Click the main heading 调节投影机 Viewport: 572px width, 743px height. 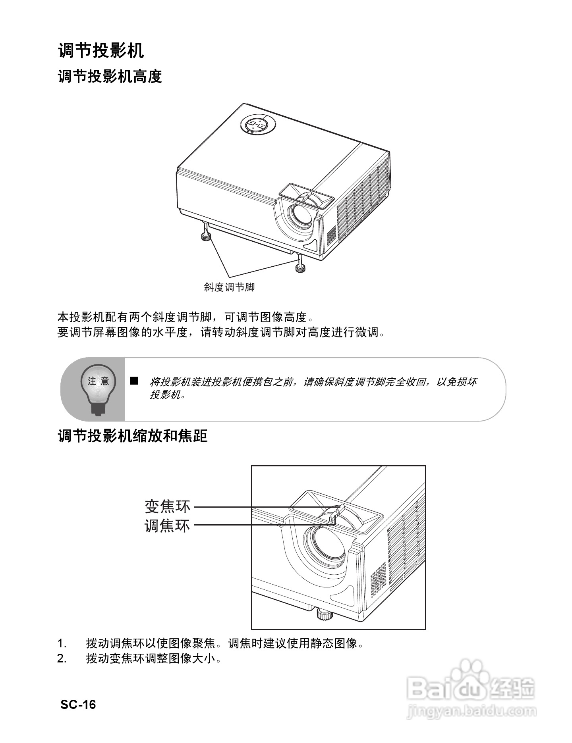click(x=101, y=50)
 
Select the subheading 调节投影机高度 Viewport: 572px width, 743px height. click(x=110, y=76)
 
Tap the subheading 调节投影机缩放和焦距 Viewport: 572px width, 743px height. click(x=133, y=436)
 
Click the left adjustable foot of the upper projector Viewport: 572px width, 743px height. click(x=206, y=236)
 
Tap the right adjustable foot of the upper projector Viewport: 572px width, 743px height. click(x=301, y=268)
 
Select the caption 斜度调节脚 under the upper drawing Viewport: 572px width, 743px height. click(x=229, y=287)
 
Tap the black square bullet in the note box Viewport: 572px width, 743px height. click(x=134, y=381)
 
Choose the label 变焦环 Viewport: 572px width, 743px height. click(x=167, y=506)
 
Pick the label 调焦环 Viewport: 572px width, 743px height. click(x=167, y=526)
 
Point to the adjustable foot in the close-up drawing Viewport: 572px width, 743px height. click(x=325, y=615)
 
